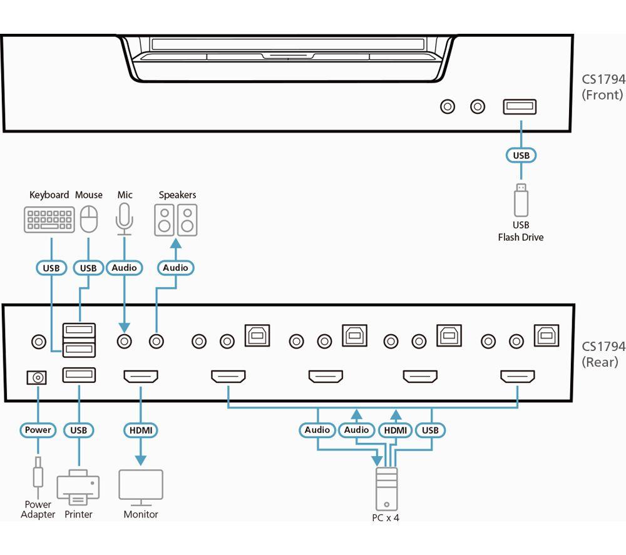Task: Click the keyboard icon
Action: point(49,220)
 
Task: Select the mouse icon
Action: point(89,219)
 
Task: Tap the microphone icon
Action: point(124,219)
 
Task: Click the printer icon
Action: point(78,487)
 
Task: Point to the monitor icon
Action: point(140,487)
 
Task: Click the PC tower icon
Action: point(386,489)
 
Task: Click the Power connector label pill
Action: point(38,430)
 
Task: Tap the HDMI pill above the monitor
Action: point(140,430)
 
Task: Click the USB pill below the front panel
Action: point(521,155)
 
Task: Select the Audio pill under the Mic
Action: point(124,268)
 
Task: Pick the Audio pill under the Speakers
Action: point(176,268)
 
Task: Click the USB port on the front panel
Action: point(520,106)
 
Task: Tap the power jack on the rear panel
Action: point(37,377)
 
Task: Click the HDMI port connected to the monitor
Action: point(140,376)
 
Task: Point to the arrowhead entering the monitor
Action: point(140,461)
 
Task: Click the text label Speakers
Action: point(177,195)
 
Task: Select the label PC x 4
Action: point(386,518)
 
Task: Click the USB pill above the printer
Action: point(79,430)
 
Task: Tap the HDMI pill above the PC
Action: point(395,430)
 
